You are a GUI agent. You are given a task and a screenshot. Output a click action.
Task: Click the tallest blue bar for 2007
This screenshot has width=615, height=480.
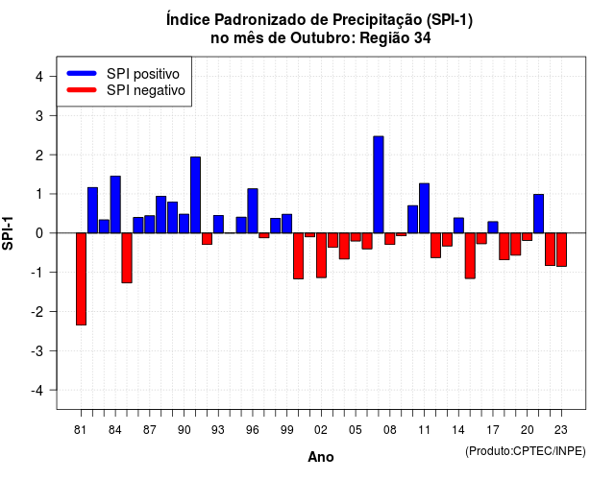(x=379, y=184)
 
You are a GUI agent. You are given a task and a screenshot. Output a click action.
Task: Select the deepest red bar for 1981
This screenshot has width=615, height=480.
(x=81, y=279)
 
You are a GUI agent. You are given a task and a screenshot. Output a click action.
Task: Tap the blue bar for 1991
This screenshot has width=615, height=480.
(x=195, y=195)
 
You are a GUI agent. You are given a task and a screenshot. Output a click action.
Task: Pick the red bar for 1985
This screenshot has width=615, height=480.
(x=127, y=258)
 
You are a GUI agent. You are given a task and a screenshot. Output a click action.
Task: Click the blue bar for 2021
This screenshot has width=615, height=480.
(x=538, y=213)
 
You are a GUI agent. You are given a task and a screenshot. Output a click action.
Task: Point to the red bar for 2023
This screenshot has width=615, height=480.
(x=561, y=250)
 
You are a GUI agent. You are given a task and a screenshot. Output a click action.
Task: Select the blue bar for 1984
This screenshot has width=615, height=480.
(x=115, y=204)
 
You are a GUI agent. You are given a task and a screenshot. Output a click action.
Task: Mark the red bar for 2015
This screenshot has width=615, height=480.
(x=470, y=256)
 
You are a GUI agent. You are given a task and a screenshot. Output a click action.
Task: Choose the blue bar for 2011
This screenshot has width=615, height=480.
(x=424, y=208)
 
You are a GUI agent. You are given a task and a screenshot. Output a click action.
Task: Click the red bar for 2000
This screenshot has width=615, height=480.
(x=299, y=256)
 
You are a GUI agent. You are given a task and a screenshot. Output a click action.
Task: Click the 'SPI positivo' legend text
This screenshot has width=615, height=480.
(x=143, y=74)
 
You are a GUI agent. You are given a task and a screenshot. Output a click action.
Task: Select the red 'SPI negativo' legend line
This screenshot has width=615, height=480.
(x=82, y=90)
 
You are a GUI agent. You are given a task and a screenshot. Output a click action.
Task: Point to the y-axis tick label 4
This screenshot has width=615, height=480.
(x=39, y=77)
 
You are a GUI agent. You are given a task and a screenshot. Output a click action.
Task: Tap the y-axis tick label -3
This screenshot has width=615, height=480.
(x=37, y=350)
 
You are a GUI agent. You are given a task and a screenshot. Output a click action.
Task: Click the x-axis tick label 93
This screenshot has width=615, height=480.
(x=218, y=430)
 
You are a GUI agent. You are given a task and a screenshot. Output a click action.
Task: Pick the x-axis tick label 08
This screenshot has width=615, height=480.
(x=390, y=430)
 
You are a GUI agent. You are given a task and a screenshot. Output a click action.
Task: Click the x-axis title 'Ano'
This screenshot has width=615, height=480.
(x=321, y=457)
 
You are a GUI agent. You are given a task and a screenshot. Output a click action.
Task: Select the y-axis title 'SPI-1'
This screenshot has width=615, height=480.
(x=8, y=233)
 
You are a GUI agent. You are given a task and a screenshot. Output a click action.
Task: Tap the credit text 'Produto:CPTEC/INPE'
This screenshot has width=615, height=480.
(x=526, y=451)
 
